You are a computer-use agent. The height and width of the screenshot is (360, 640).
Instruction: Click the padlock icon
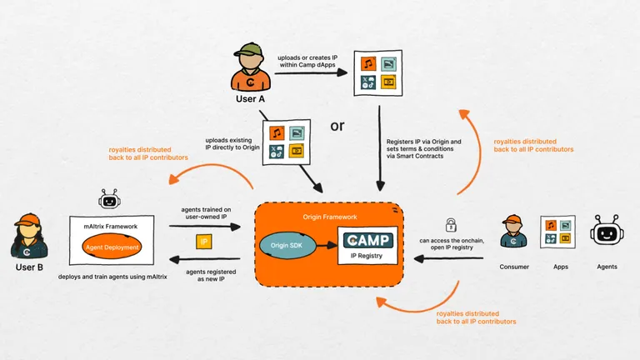click(450, 224)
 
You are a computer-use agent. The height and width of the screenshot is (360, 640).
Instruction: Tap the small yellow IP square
click(202, 242)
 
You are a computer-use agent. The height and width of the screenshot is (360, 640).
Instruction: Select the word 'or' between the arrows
click(337, 127)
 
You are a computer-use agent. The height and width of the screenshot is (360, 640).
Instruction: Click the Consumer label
click(513, 267)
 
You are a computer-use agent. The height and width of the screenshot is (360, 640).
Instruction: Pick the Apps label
click(560, 267)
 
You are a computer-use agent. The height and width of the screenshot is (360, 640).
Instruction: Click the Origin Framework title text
click(327, 217)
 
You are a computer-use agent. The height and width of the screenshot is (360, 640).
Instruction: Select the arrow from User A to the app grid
click(312, 72)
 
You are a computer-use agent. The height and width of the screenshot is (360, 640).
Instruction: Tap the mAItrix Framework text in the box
click(111, 227)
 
